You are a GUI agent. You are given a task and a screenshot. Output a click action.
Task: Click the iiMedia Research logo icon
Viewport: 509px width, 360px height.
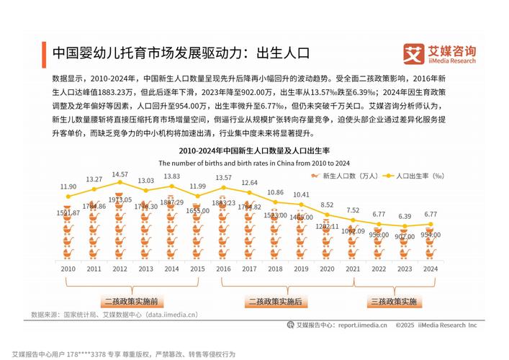point(413,53)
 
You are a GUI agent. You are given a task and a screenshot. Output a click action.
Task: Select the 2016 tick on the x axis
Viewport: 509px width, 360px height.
point(223,269)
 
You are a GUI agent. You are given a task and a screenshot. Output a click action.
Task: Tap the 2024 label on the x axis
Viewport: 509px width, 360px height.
point(430,269)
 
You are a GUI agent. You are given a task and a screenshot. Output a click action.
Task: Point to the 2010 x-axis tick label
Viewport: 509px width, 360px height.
point(68,269)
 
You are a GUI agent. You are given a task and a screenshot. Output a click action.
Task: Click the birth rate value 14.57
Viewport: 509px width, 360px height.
point(120,174)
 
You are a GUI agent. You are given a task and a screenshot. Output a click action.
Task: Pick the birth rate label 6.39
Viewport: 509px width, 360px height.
point(404,216)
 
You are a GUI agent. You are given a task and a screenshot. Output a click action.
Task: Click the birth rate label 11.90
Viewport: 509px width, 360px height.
point(68,186)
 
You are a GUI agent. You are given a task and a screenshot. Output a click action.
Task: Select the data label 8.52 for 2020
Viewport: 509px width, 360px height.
point(327,204)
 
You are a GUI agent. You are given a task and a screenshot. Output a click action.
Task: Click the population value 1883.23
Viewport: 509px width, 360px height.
point(224,203)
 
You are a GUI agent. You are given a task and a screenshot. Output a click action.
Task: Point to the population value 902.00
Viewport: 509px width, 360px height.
point(404,236)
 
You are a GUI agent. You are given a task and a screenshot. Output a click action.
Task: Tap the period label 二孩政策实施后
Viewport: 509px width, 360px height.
point(276,300)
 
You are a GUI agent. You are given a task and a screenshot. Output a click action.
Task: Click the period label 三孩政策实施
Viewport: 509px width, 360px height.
point(392,300)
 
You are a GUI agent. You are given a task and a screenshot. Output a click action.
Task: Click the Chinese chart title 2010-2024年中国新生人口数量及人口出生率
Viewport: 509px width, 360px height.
point(253,150)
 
